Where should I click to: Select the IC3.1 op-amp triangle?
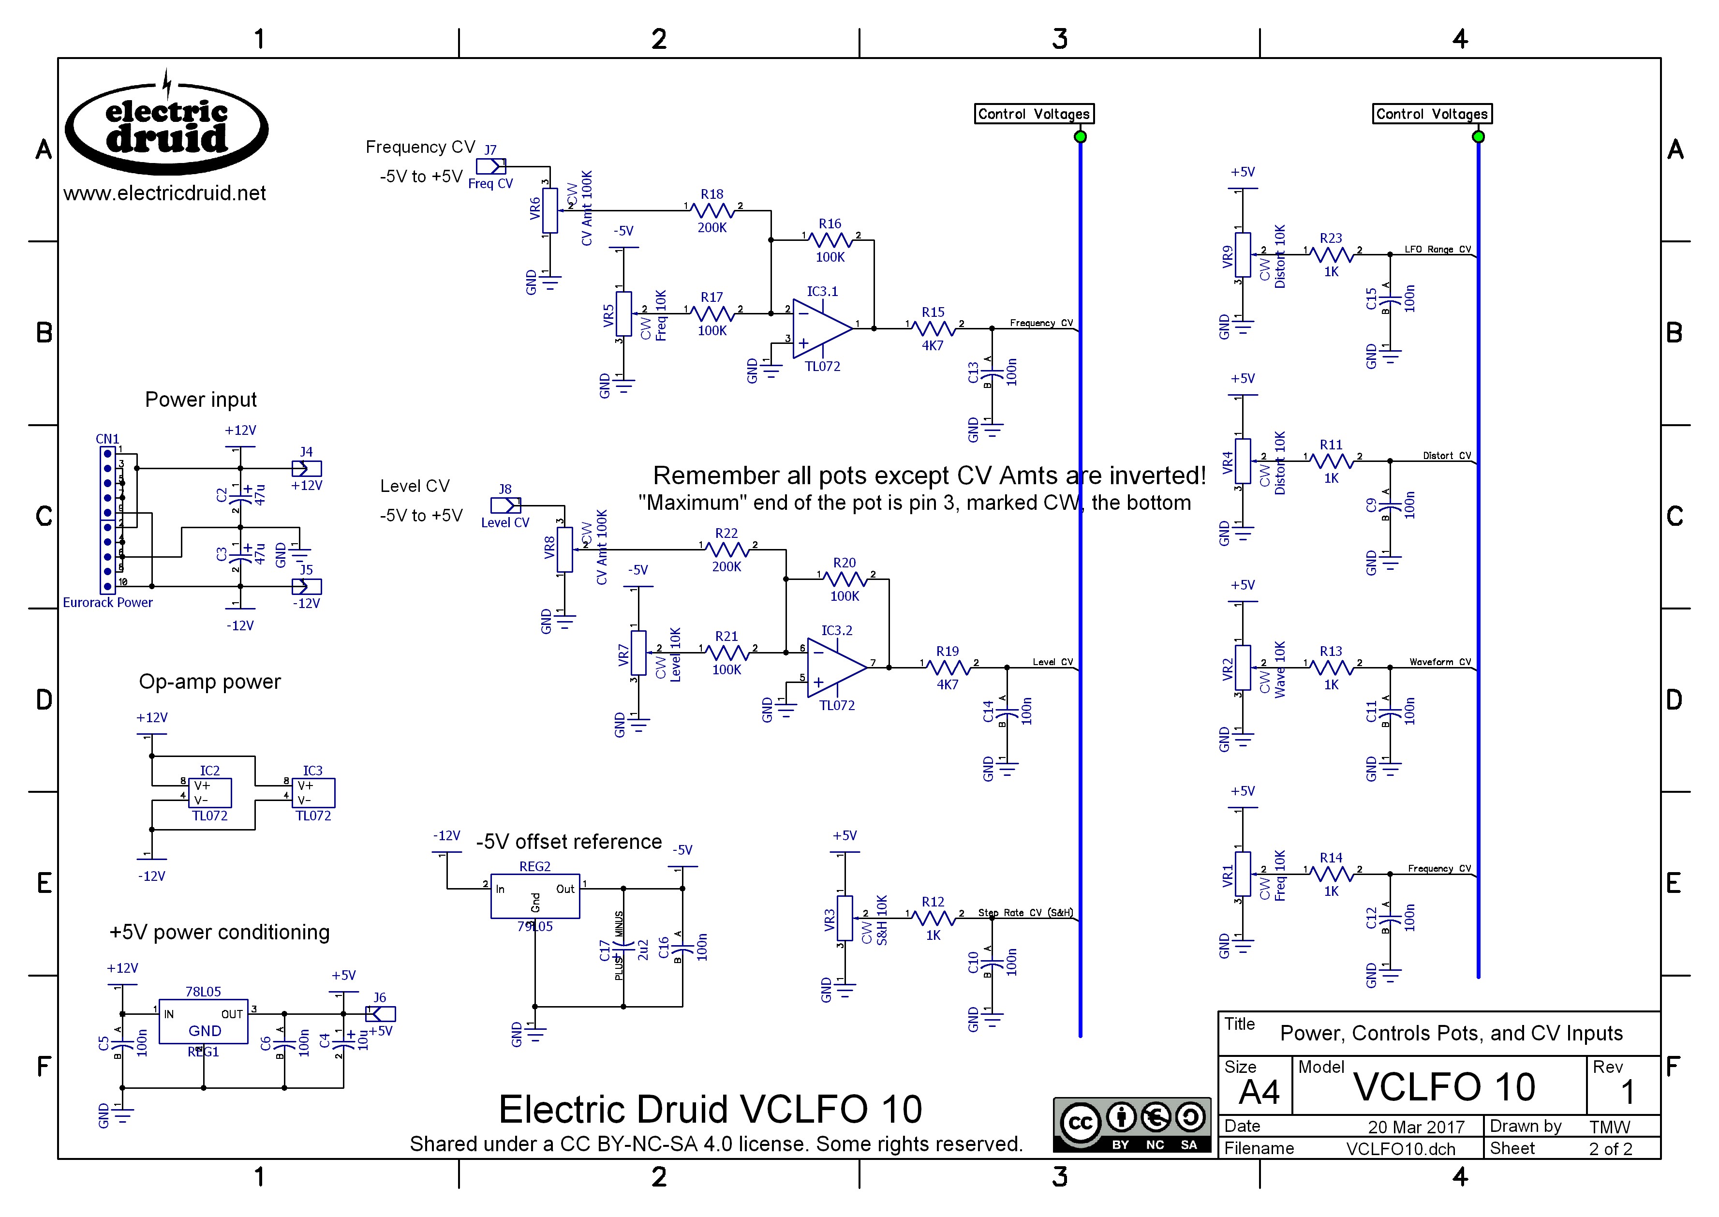pos(820,328)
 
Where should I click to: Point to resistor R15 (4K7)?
pos(933,328)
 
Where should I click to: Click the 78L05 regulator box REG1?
pos(203,1021)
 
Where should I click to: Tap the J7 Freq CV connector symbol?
pos(491,165)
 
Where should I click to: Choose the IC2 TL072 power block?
pos(210,793)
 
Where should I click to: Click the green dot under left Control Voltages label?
pos(1080,136)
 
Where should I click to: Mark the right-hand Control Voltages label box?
pos(1431,114)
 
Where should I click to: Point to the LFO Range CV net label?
pos(1437,250)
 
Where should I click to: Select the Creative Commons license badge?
pos(1131,1125)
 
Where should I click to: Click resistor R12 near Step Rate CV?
pos(933,917)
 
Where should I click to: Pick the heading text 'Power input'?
pos(201,400)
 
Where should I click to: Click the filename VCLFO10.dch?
pos(1400,1149)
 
